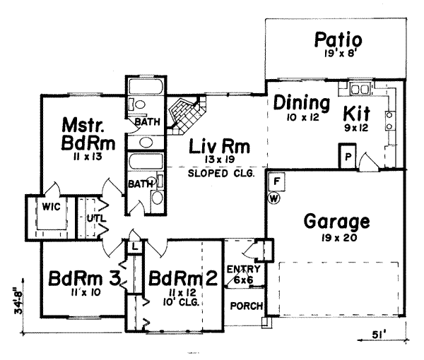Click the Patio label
338,39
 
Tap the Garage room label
336,222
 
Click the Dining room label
302,103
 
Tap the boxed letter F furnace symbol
277,181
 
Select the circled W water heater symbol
274,198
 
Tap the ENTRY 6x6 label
244,274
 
